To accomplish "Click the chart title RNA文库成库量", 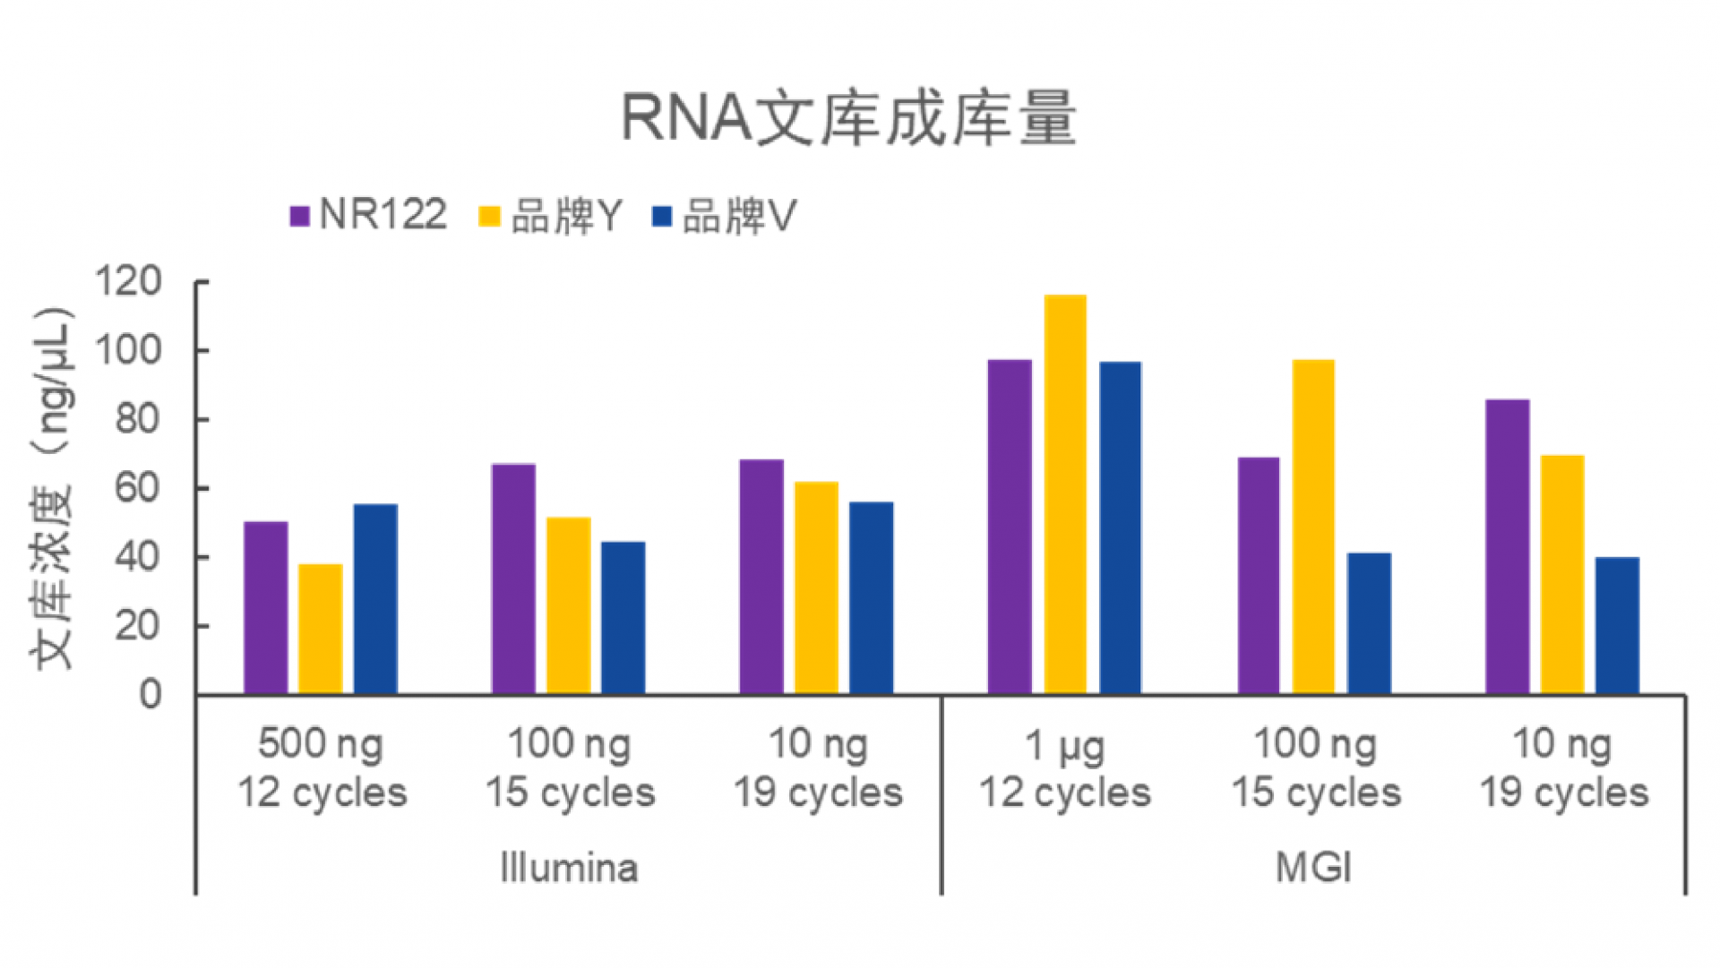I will (848, 118).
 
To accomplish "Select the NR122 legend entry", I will (369, 216).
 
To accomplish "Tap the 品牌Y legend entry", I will (551, 216).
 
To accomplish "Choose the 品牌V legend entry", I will (724, 216).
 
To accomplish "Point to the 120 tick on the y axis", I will (129, 282).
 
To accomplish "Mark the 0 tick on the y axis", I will (150, 695).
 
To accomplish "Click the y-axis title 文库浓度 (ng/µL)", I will (52, 488).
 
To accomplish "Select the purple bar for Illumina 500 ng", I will (266, 608).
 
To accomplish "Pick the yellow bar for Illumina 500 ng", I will (321, 629).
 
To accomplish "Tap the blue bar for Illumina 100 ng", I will (623, 618).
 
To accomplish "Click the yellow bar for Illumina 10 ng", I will (816, 587).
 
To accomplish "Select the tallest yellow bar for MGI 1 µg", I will (1065, 494).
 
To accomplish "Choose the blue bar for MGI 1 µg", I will (1120, 527).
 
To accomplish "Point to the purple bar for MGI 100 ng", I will (1259, 576).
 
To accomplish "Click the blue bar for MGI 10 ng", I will (1617, 625).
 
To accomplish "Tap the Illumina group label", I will (569, 868).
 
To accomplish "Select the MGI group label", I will (1313, 868).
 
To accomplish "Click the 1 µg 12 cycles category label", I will (1065, 768).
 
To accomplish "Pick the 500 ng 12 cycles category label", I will (322, 768).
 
